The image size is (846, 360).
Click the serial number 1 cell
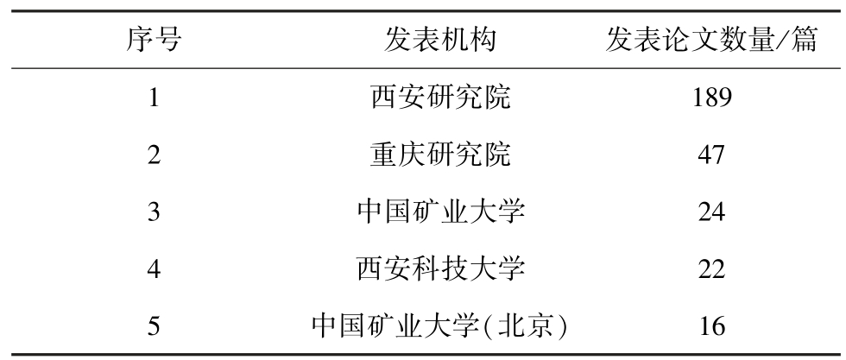154,98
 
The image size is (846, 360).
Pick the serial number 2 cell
154,155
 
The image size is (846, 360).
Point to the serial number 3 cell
154,212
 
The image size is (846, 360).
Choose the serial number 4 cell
154,268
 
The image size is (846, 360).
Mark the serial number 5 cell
154,325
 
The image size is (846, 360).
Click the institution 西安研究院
440,98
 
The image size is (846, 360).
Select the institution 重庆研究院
440,155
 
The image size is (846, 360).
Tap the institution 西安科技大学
440,268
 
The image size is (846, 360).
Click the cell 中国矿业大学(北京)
440,325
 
